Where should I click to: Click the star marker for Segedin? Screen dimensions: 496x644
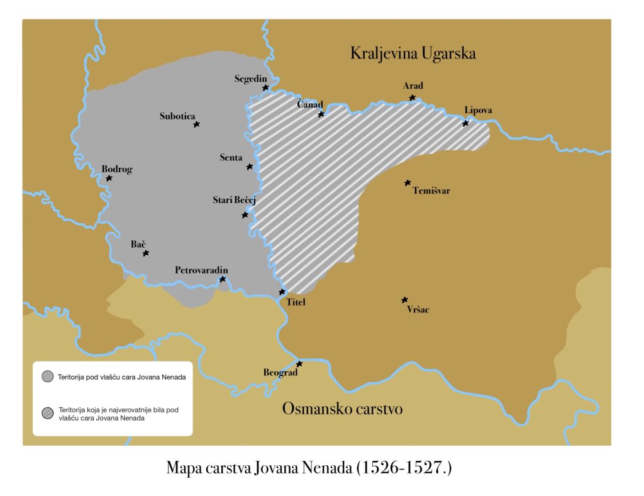coord(266,88)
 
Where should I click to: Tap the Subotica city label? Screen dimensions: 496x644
coord(177,116)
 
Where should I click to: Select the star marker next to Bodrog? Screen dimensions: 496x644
coord(109,179)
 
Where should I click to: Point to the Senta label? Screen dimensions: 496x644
coord(231,157)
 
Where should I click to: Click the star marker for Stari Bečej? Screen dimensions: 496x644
coord(245,216)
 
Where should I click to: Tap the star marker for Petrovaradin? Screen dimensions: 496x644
coord(223,279)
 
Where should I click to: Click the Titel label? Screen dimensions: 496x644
coord(295,302)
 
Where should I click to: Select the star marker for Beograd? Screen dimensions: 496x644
coord(300,364)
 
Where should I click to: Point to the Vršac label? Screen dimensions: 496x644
coord(418,310)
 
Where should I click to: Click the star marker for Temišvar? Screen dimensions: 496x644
coord(408,183)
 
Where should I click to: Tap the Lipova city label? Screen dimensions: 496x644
coord(478,111)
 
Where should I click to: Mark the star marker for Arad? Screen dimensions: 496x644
coord(413,98)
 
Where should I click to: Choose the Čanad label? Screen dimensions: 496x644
coord(310,104)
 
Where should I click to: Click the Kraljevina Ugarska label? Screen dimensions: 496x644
coord(413,54)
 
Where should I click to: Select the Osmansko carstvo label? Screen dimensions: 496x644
coord(342,409)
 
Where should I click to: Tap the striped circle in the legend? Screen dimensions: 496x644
coord(47,412)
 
